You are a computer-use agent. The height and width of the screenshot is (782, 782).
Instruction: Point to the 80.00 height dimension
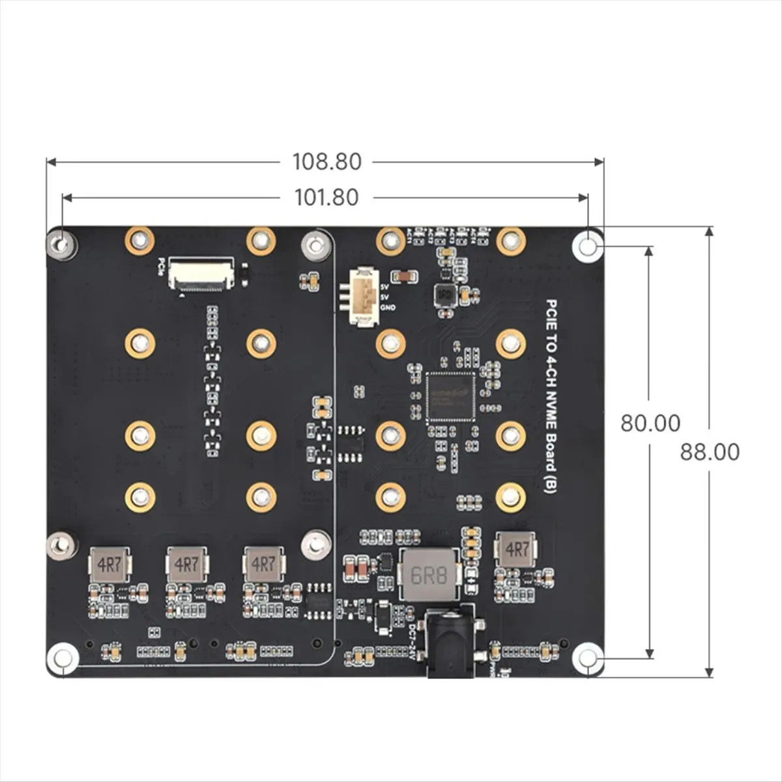(650, 423)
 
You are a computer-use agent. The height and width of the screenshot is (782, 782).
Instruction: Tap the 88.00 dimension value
(710, 452)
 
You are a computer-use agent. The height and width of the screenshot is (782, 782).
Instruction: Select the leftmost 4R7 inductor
(109, 564)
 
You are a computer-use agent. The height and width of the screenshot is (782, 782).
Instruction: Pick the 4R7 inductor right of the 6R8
(516, 549)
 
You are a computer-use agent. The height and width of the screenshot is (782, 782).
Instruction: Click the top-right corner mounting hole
(587, 246)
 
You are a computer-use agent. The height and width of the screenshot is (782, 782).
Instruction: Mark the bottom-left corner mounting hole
(63, 657)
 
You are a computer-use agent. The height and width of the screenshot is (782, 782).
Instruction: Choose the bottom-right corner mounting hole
(587, 658)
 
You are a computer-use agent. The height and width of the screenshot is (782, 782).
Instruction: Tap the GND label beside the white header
(387, 307)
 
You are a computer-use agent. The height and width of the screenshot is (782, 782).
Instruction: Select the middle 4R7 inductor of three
(186, 564)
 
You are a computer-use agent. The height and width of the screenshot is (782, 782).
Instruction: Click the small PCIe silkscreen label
(161, 264)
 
